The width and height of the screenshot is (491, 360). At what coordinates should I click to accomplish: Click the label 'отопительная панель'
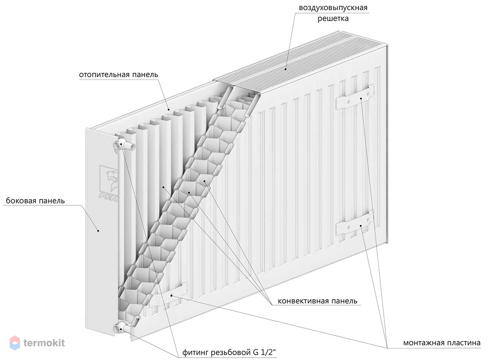[x=119, y=74]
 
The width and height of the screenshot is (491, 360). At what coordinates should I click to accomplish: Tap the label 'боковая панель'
[x=35, y=201]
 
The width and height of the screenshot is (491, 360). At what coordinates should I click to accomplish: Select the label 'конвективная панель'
[x=317, y=301]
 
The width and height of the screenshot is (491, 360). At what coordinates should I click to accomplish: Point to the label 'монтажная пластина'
[x=442, y=343]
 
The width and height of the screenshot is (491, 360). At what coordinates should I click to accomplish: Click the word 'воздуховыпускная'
[x=333, y=8]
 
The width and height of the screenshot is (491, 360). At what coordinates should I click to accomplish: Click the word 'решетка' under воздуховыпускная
[x=333, y=18]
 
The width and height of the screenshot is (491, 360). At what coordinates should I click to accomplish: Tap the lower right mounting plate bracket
[x=355, y=225]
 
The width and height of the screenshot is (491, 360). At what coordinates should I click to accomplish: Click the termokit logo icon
[x=15, y=343]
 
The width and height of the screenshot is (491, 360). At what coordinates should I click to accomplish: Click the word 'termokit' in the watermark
[x=44, y=343]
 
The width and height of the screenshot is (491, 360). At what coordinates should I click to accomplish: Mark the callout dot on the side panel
[x=98, y=231]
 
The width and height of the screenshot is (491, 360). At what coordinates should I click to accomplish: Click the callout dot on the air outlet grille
[x=286, y=69]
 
